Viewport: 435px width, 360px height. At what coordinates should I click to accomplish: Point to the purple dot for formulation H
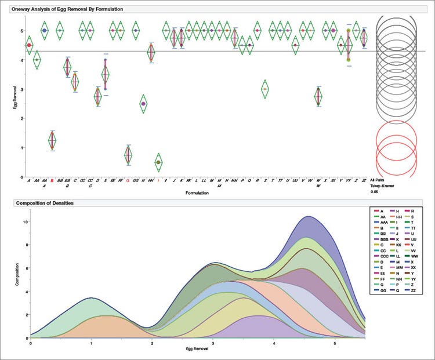click(143, 104)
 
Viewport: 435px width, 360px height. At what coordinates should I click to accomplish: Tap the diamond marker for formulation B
click(53, 140)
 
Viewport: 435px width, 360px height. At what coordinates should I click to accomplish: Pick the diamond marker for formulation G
click(128, 155)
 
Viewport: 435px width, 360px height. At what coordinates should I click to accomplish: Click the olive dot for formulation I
click(158, 162)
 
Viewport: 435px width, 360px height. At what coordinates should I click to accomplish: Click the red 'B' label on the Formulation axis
click(52, 181)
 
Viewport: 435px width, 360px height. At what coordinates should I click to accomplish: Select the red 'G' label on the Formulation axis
click(128, 181)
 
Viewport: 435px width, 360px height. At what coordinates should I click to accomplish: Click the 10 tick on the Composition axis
click(25, 222)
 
